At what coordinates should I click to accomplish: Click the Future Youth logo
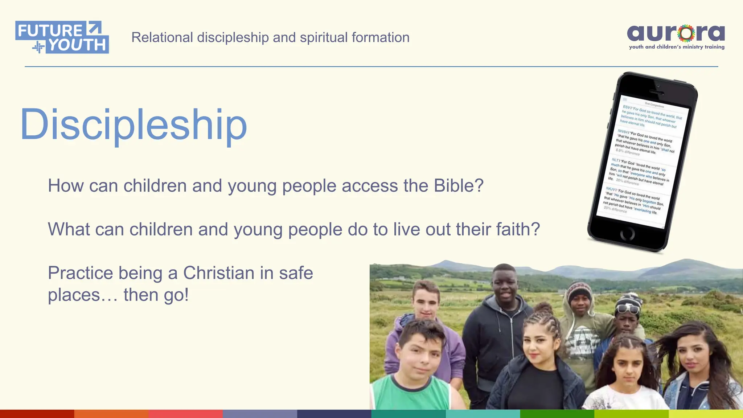click(62, 37)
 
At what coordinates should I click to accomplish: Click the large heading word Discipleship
click(134, 124)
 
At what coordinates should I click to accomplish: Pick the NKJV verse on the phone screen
click(632, 200)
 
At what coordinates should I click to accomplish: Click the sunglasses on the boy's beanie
click(628, 309)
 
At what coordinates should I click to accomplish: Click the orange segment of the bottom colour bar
click(111, 414)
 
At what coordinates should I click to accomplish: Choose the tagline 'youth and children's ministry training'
click(677, 47)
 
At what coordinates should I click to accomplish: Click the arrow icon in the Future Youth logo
click(94, 28)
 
